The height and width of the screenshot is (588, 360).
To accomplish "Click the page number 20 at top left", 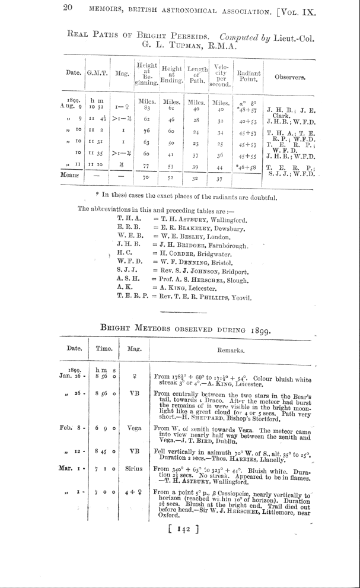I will (66, 8).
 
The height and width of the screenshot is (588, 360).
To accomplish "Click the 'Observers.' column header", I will (290, 77).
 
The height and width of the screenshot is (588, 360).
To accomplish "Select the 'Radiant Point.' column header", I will (249, 77).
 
